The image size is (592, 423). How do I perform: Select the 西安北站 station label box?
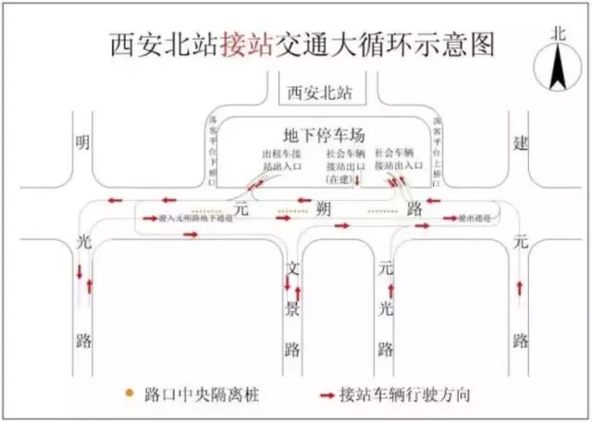click(321, 93)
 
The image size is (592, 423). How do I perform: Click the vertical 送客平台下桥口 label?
click(212, 145)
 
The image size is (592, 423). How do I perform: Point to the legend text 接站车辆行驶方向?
click(406, 394)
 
